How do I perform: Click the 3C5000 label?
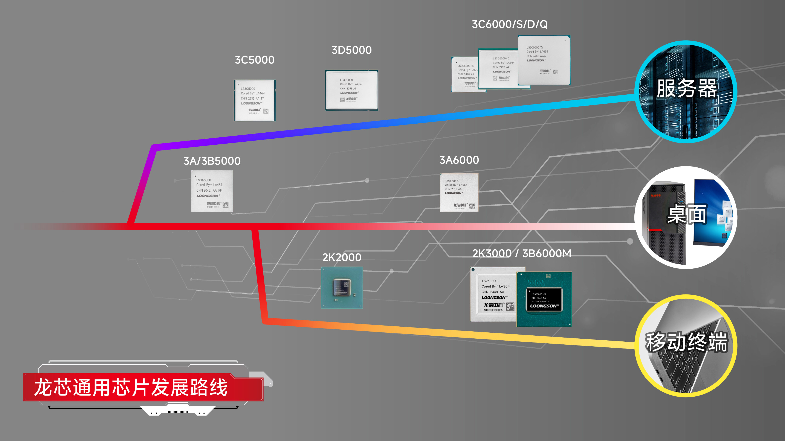[254, 60]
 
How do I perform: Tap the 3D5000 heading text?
[351, 50]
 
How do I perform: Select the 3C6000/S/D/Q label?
[510, 24]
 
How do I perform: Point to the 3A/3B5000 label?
[212, 161]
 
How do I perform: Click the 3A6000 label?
[459, 160]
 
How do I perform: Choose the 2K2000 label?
[342, 258]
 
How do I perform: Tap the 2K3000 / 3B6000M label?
[521, 253]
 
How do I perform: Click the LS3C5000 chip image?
[254, 100]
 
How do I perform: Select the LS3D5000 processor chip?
[351, 90]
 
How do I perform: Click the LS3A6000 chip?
[459, 192]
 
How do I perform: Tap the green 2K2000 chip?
[342, 288]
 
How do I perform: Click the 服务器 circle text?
[686, 89]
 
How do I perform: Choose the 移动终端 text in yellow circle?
[686, 342]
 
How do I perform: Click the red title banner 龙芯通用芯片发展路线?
[131, 387]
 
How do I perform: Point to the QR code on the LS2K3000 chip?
[510, 306]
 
